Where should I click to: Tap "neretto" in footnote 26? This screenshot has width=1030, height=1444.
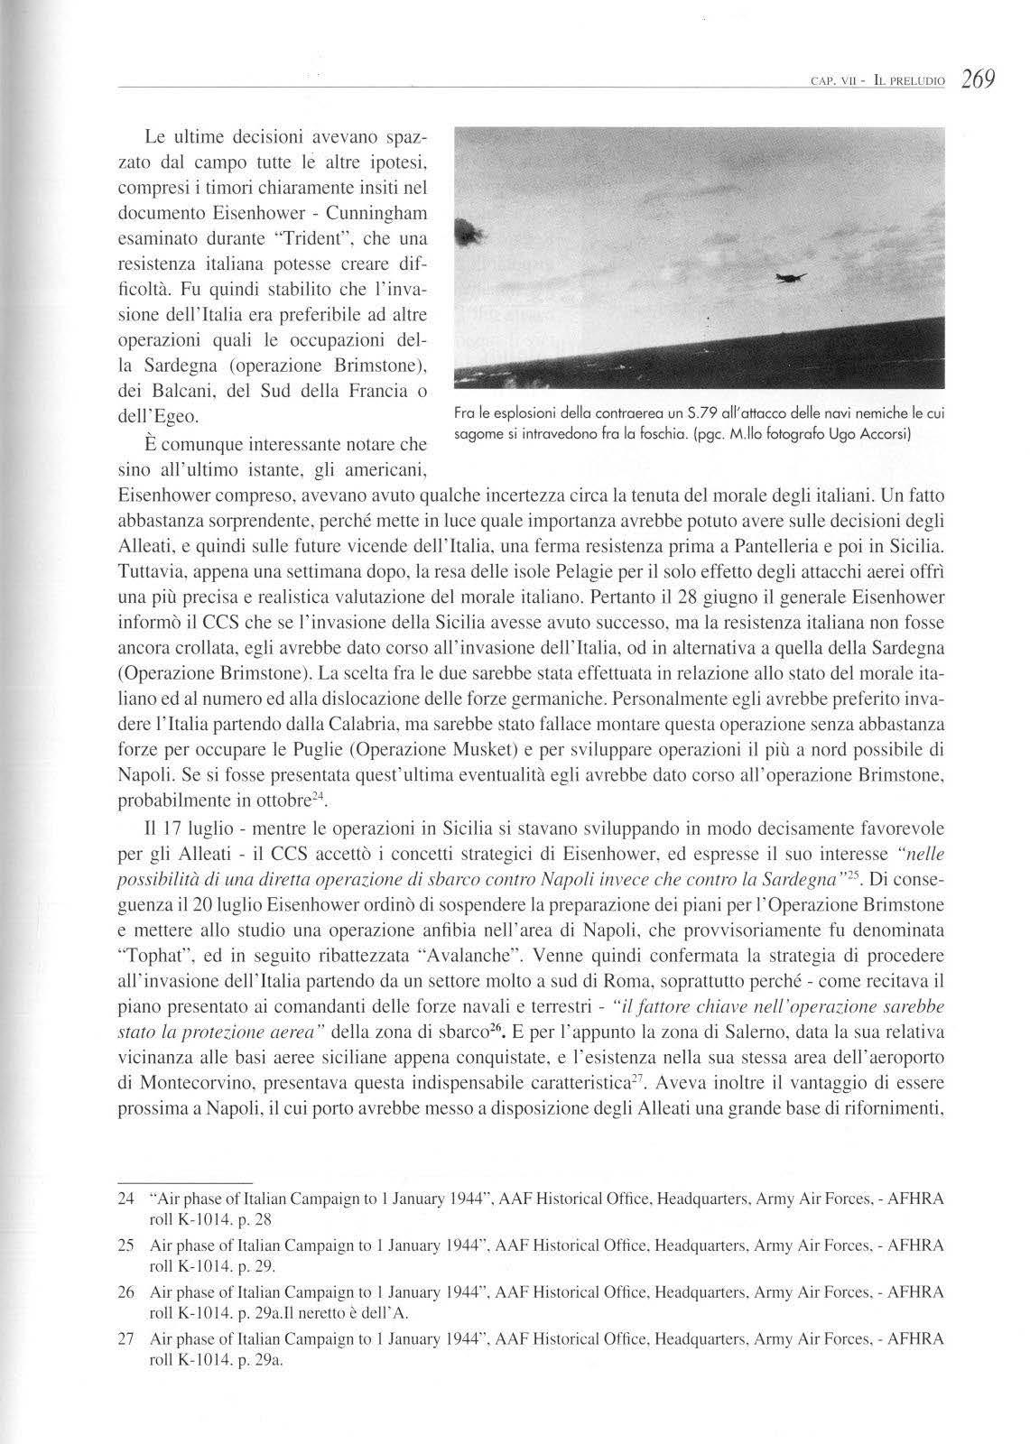coord(329,1311)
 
